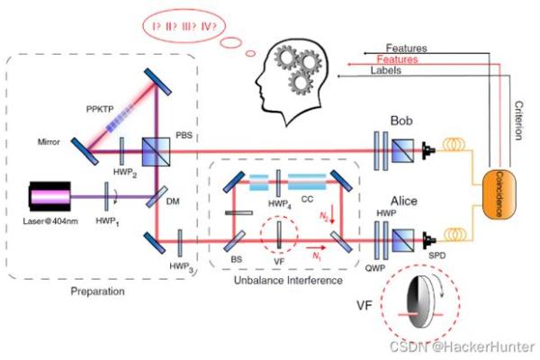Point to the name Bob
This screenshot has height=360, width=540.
pos(405,120)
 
